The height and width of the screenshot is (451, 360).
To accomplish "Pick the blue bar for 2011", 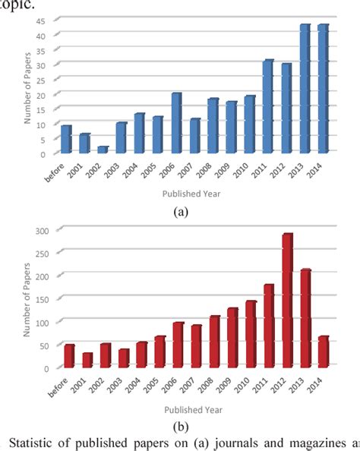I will pyautogui.click(x=267, y=107).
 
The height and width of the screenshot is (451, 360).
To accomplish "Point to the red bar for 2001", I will pyautogui.click(x=87, y=360).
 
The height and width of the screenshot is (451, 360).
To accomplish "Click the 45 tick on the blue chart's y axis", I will pyautogui.click(x=47, y=20).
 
